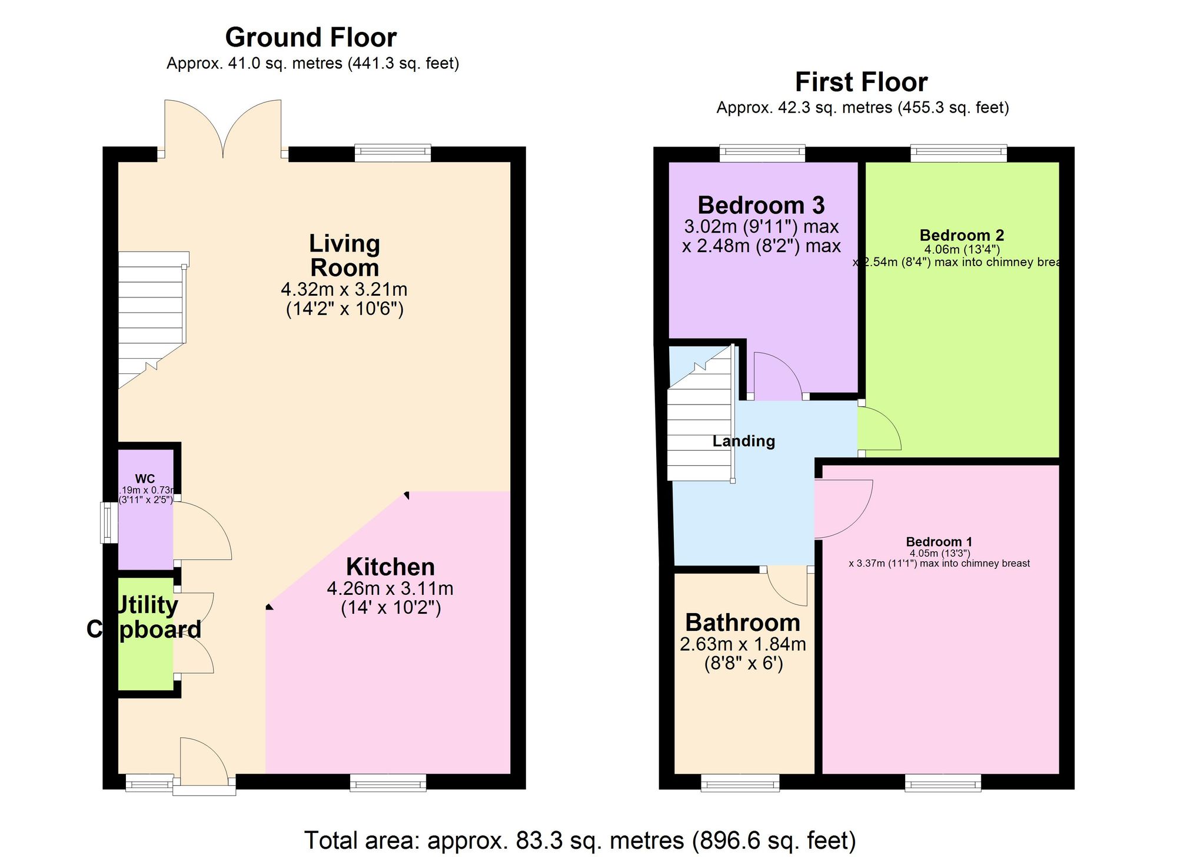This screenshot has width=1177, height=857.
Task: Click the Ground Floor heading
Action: tap(311, 38)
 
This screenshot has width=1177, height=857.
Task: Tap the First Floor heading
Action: tap(861, 82)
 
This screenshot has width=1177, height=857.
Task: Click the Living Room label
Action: tap(344, 256)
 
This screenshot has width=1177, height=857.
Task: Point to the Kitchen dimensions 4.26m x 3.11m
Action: tap(390, 588)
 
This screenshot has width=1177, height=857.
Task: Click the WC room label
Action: tap(145, 479)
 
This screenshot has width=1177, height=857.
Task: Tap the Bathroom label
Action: tap(743, 623)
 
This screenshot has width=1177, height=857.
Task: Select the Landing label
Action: tap(744, 441)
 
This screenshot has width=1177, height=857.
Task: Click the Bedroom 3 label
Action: tap(761, 206)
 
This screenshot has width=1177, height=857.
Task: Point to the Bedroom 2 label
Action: tap(962, 236)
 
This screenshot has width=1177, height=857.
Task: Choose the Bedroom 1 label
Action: tap(939, 542)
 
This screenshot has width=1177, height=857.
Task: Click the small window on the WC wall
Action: tap(108, 522)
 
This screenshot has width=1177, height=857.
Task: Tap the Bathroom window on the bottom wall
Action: tap(740, 783)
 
